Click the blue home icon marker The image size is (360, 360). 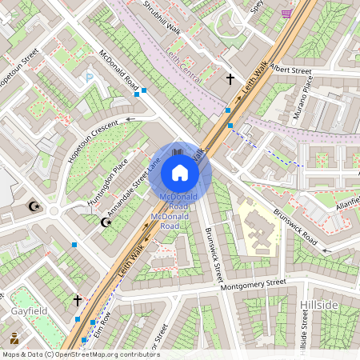coord(180,173)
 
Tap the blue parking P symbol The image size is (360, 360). coord(90,78)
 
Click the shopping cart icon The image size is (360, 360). coord(286,14)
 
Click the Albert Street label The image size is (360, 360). coord(290,70)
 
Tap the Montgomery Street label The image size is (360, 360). coord(252,284)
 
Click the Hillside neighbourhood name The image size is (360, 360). coord(320,306)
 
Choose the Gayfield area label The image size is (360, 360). coord(30,310)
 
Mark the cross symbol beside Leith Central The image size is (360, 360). coord(230,79)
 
